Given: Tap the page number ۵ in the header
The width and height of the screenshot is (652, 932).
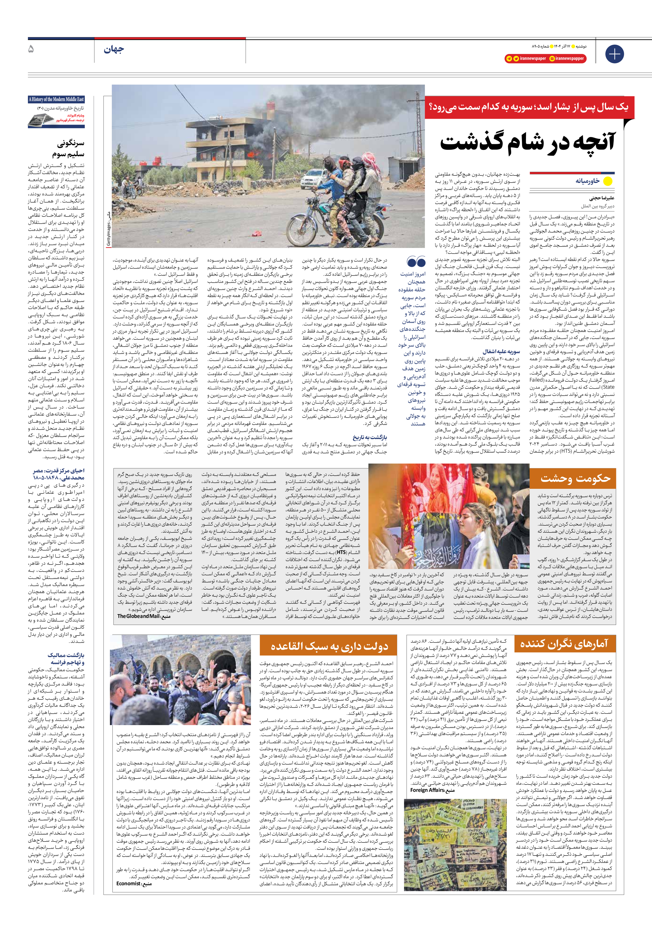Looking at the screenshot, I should tap(31, 50).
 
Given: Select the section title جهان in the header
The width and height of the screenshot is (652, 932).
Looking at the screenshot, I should tap(114, 50).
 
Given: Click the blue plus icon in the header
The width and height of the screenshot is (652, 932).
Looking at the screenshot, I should tap(614, 54).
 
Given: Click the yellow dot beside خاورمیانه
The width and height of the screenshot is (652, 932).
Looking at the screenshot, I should tap(607, 181).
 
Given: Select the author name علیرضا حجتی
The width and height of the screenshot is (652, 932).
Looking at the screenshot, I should tap(602, 198).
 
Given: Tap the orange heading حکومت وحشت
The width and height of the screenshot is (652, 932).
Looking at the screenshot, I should tap(575, 478).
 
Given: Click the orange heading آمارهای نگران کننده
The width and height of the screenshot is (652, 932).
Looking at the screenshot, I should tap(564, 644).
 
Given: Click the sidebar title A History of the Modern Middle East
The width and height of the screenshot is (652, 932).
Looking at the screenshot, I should tap(56, 99).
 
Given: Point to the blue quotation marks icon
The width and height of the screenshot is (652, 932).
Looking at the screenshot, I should tap(416, 261).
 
